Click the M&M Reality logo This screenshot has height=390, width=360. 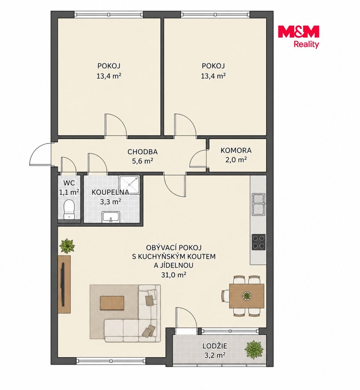pyautogui.click(x=298, y=36)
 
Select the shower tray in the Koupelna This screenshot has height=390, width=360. pyautogui.click(x=129, y=185)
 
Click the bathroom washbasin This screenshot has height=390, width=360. pyautogui.click(x=111, y=217)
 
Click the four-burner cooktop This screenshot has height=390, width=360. pyautogui.click(x=259, y=242)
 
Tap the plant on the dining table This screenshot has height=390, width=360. pyautogui.click(x=247, y=296)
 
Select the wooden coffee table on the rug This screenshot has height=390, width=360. pyautogui.click(x=112, y=303)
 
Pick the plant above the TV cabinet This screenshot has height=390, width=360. pyautogui.click(x=67, y=246)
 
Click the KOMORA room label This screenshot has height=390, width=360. pyautogui.click(x=236, y=151)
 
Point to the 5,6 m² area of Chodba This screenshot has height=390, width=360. pyautogui.click(x=142, y=161)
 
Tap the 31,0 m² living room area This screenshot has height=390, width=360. pyautogui.click(x=174, y=275)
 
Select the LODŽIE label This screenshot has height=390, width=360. pyautogui.click(x=215, y=346)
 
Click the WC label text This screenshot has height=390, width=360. pyautogui.click(x=69, y=183)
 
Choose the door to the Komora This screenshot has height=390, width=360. pyautogui.click(x=198, y=159)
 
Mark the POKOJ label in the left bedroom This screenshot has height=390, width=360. pyautogui.click(x=109, y=66)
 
